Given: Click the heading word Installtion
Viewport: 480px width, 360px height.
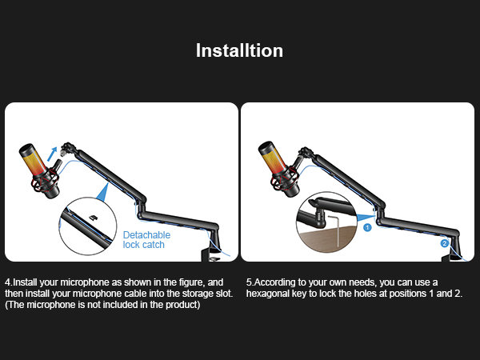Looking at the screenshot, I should (x=240, y=50).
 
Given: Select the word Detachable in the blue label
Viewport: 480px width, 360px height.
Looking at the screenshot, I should (x=146, y=235).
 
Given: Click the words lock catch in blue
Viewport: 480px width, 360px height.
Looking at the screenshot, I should (x=144, y=245).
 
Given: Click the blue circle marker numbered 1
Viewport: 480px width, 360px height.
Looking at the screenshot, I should (x=368, y=227).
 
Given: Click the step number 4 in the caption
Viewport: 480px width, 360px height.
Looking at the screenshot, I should (x=8, y=282).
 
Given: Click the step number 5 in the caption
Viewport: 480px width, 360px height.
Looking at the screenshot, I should (x=249, y=282).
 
